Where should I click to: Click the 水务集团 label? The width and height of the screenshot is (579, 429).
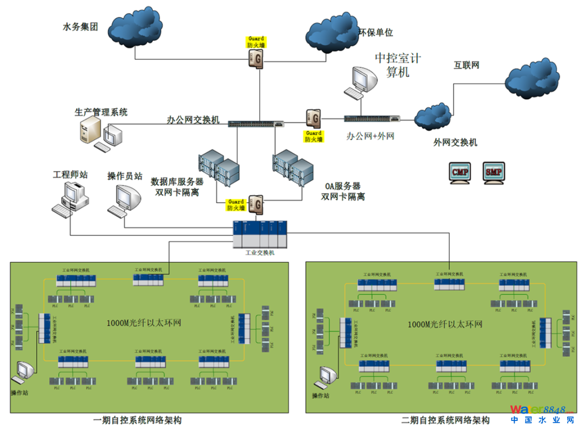80,26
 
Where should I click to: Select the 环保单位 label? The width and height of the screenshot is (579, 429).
376,33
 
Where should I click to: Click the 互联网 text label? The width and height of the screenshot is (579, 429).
466,65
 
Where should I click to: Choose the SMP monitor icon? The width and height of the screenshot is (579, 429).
493,173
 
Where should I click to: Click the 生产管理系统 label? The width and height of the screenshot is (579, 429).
101,113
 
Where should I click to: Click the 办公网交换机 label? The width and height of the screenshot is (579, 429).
193,121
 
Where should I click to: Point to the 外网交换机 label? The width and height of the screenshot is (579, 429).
455,143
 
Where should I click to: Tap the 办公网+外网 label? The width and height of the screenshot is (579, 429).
370,136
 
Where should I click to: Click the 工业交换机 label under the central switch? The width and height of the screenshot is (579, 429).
260,253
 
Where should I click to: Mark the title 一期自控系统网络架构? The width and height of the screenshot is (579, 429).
137,420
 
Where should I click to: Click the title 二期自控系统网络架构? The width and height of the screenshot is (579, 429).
445,420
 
